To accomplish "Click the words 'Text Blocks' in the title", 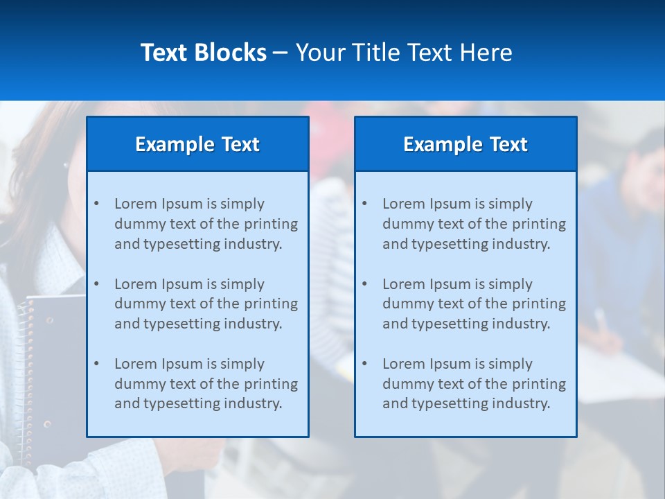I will pyautogui.click(x=203, y=53).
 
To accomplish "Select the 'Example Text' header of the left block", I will pyautogui.click(x=197, y=144).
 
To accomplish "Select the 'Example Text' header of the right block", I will pyautogui.click(x=465, y=144).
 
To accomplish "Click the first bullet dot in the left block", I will pyautogui.click(x=96, y=204).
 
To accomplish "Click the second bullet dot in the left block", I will pyautogui.click(x=96, y=284).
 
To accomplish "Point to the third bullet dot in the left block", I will pyautogui.click(x=96, y=364).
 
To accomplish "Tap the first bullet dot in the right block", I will pyautogui.click(x=364, y=204).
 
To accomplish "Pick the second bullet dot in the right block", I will pyautogui.click(x=364, y=284).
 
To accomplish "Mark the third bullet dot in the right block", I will pyautogui.click(x=364, y=364).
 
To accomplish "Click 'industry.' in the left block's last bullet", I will pyautogui.click(x=251, y=403).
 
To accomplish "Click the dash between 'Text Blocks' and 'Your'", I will pyautogui.click(x=281, y=53).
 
